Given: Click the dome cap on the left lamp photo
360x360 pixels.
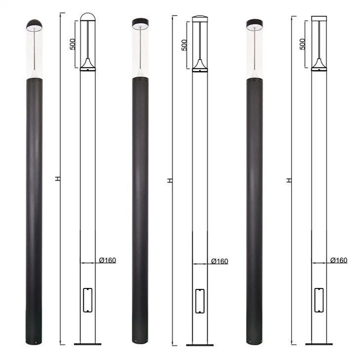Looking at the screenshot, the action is point(34,24).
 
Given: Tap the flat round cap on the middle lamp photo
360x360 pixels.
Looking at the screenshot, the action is point(140,22).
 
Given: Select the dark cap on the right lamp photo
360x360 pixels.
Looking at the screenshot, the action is point(254,23).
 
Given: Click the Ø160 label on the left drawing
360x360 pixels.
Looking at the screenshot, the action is point(108,260).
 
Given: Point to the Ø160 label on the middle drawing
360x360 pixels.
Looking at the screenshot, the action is point(220,261).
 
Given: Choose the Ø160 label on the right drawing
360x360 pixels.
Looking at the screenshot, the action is point(339,260).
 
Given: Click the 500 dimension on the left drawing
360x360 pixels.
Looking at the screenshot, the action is point(72,44).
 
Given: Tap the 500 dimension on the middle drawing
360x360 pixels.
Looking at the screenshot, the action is point(184,45).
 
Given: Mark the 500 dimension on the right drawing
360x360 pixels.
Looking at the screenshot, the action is point(303,44).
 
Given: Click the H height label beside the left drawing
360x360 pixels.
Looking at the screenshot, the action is point(58,179).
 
